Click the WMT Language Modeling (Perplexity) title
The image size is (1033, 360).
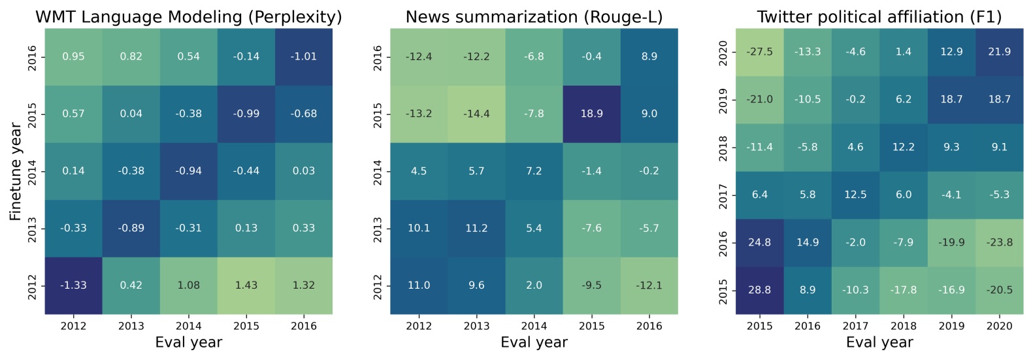188,17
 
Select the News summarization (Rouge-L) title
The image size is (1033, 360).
534,17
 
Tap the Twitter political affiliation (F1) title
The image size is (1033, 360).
879,17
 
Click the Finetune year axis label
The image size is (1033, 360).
16,171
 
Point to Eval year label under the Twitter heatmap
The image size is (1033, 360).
879,342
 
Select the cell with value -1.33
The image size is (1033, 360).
73,286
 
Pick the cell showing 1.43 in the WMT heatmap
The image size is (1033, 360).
246,286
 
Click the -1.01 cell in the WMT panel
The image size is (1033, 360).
304,57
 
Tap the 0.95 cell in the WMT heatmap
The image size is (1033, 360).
73,57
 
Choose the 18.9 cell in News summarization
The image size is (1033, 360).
591,114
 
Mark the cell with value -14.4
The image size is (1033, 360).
476,114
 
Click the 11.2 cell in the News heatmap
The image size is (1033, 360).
476,228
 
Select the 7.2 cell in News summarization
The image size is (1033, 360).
534,171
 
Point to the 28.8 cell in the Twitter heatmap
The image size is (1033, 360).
759,290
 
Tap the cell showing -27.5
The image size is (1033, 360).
759,52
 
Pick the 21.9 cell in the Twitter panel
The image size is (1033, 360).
999,52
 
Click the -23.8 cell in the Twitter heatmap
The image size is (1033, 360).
999,242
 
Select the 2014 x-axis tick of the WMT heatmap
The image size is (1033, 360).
189,326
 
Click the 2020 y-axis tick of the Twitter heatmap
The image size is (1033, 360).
723,52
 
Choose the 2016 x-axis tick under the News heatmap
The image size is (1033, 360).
649,326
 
